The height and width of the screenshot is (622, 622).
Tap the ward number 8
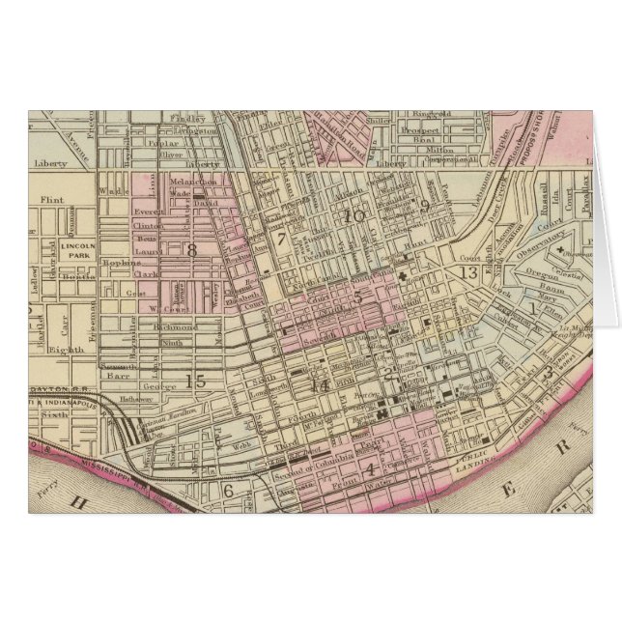(191, 250)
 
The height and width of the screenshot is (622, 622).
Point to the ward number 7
(281, 238)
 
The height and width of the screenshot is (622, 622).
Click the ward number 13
(469, 273)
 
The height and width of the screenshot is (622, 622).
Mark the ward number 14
(323, 385)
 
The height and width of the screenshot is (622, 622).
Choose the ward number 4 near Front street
(369, 471)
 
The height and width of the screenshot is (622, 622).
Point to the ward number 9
(424, 205)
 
